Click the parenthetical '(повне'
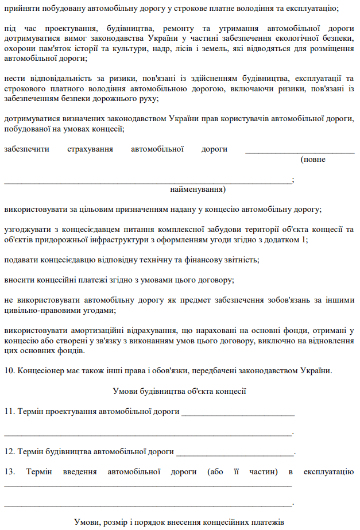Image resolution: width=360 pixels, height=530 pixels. [313, 159]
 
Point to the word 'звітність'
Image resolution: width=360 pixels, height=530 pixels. [241, 260]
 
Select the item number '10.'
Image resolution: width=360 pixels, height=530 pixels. [10, 370]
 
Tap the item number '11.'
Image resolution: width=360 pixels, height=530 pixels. [10, 412]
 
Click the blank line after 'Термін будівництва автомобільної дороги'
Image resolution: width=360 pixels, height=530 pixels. [235, 452]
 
